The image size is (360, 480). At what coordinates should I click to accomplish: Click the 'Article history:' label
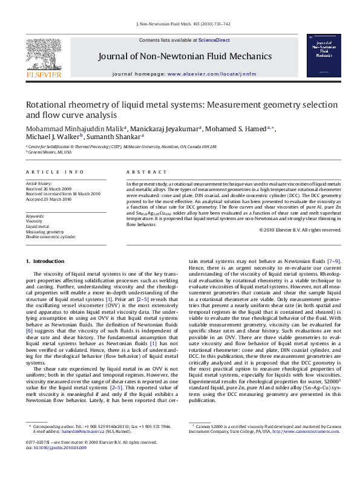coord(39,183)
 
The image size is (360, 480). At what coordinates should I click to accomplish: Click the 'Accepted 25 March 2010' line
coord(49,198)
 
